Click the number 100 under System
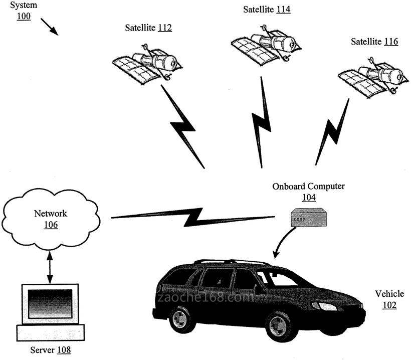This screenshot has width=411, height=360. (24, 17)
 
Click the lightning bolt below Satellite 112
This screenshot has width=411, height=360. (183, 127)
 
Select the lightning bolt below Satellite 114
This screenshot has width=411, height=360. (261, 123)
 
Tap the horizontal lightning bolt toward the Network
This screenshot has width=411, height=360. (193, 216)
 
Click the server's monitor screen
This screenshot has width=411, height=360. (50, 303)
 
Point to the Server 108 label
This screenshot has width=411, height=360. (50, 349)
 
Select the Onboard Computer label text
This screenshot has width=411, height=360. (308, 186)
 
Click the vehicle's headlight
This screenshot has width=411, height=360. (324, 306)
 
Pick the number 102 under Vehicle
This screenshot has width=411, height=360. (389, 305)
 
